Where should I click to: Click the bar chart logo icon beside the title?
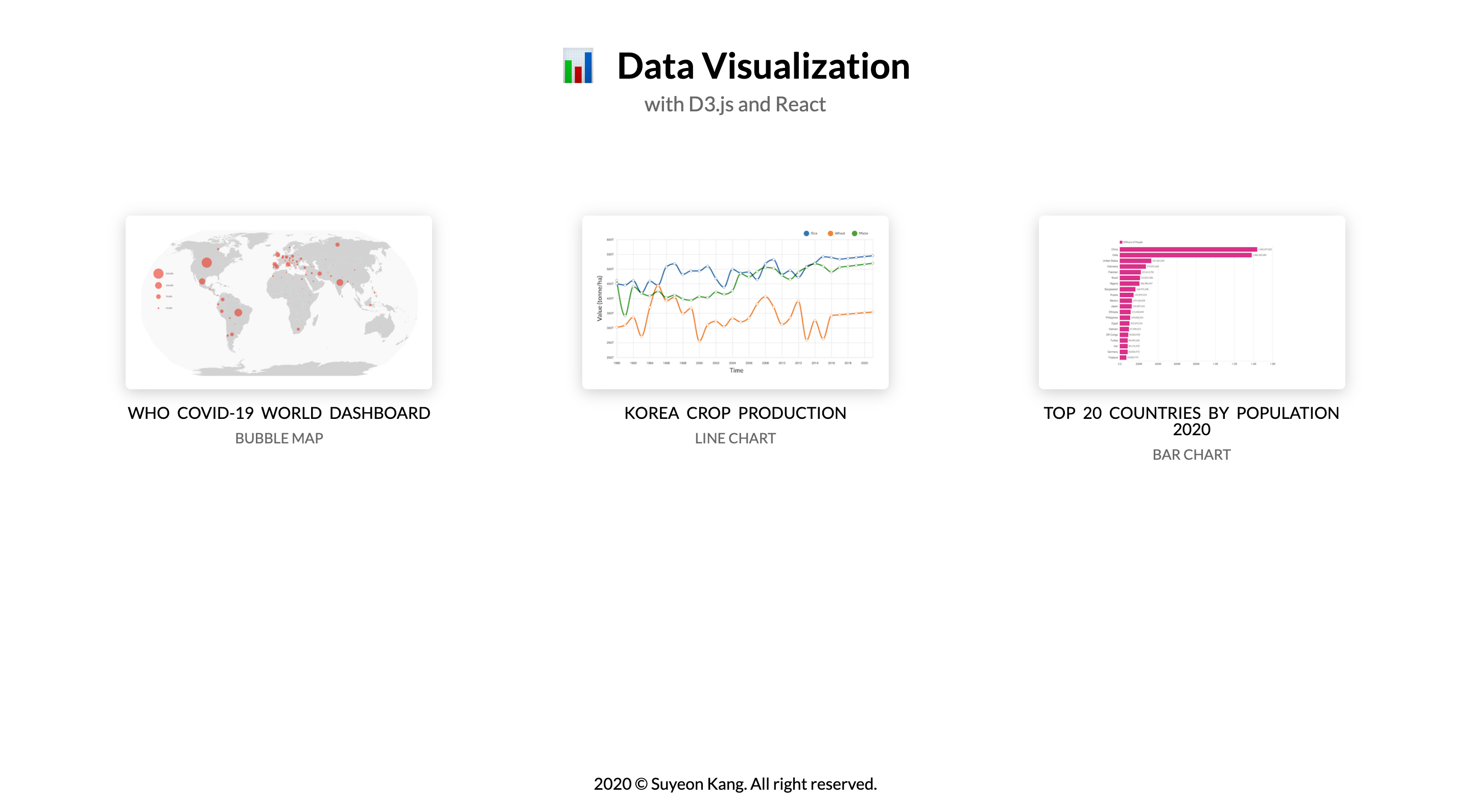578,66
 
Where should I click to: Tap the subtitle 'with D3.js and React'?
735,105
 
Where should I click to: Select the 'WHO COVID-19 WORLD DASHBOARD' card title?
279,413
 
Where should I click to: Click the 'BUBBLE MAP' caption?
279,438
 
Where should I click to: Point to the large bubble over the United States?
207,263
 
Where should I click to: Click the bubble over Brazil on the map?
238,313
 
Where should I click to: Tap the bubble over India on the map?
340,282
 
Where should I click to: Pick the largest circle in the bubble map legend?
158,274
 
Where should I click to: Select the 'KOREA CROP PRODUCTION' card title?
735,413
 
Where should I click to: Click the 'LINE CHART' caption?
735,438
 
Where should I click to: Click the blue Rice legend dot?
806,233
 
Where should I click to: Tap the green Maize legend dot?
855,233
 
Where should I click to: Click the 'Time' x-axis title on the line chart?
736,371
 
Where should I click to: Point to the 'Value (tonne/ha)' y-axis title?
599,298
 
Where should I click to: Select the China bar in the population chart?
1188,250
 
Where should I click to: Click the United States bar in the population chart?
1135,261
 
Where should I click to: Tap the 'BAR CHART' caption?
1191,455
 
